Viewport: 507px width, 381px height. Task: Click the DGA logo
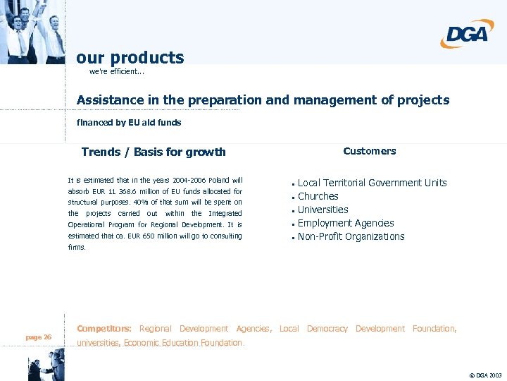[465, 34]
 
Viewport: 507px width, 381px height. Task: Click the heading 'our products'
[130, 58]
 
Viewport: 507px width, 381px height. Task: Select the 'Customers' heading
[370, 151]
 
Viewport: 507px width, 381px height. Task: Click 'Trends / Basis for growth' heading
[154, 152]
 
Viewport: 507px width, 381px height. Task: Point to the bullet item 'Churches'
[318, 196]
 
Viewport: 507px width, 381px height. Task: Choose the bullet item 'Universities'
[323, 210]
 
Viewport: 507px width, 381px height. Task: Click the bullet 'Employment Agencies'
[346, 223]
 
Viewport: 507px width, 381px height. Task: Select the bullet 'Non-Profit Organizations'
[351, 236]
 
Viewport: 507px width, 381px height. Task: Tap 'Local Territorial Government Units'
[372, 183]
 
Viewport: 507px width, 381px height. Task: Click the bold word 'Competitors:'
[104, 329]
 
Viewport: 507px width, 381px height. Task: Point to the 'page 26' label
[38, 337]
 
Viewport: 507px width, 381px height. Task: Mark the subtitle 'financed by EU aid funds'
[129, 123]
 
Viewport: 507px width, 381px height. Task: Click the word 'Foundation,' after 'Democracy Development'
[434, 329]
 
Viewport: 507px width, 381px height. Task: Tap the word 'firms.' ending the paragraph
[77, 248]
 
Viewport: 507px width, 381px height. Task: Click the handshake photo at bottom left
[44, 369]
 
